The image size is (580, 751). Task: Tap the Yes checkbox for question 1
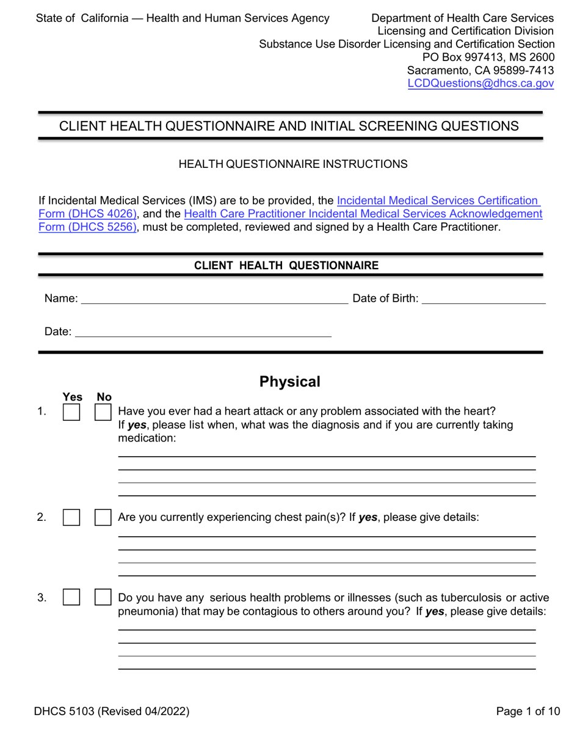coord(71,413)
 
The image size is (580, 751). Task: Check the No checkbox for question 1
coord(103,413)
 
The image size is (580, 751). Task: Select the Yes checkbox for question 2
coord(71,518)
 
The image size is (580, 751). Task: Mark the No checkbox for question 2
coord(103,518)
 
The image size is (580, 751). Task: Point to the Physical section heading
coord(290,382)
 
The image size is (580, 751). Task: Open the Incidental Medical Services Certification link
coord(437,200)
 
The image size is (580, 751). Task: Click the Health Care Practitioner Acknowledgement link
coord(363,214)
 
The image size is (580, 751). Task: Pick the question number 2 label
coord(42,518)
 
